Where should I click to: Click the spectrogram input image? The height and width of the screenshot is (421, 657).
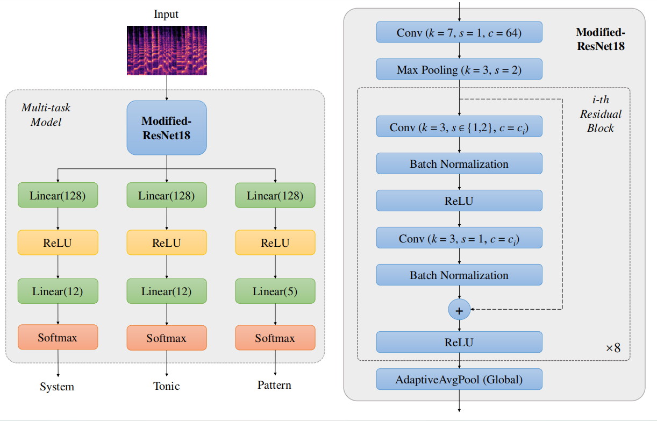[x=167, y=50]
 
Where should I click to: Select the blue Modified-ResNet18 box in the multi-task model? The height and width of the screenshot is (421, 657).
[x=167, y=128]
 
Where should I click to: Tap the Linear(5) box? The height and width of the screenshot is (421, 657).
[x=275, y=291]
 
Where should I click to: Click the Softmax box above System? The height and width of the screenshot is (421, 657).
[x=58, y=337]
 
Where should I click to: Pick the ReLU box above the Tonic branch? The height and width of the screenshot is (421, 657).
[x=167, y=242]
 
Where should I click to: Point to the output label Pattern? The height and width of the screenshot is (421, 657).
[x=274, y=385]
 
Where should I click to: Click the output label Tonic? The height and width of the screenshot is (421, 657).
[x=166, y=386]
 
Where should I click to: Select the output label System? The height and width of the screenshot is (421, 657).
[x=57, y=387]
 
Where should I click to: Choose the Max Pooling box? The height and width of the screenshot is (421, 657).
[x=459, y=69]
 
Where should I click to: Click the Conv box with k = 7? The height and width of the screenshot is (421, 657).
[x=459, y=32]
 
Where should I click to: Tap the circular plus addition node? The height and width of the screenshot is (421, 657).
[x=459, y=309]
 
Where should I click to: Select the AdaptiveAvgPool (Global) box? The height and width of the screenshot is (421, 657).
[x=459, y=379]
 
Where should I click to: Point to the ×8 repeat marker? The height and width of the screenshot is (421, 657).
[x=613, y=347]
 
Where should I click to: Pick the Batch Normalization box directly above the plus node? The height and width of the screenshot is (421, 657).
[x=459, y=275]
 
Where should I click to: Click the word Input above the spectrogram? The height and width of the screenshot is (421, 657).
[x=166, y=14]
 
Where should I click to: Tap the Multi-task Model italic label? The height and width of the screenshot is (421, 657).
[x=46, y=115]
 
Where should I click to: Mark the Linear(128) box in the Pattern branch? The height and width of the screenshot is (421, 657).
[x=275, y=196]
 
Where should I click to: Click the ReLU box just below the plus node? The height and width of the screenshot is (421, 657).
[x=459, y=342]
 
